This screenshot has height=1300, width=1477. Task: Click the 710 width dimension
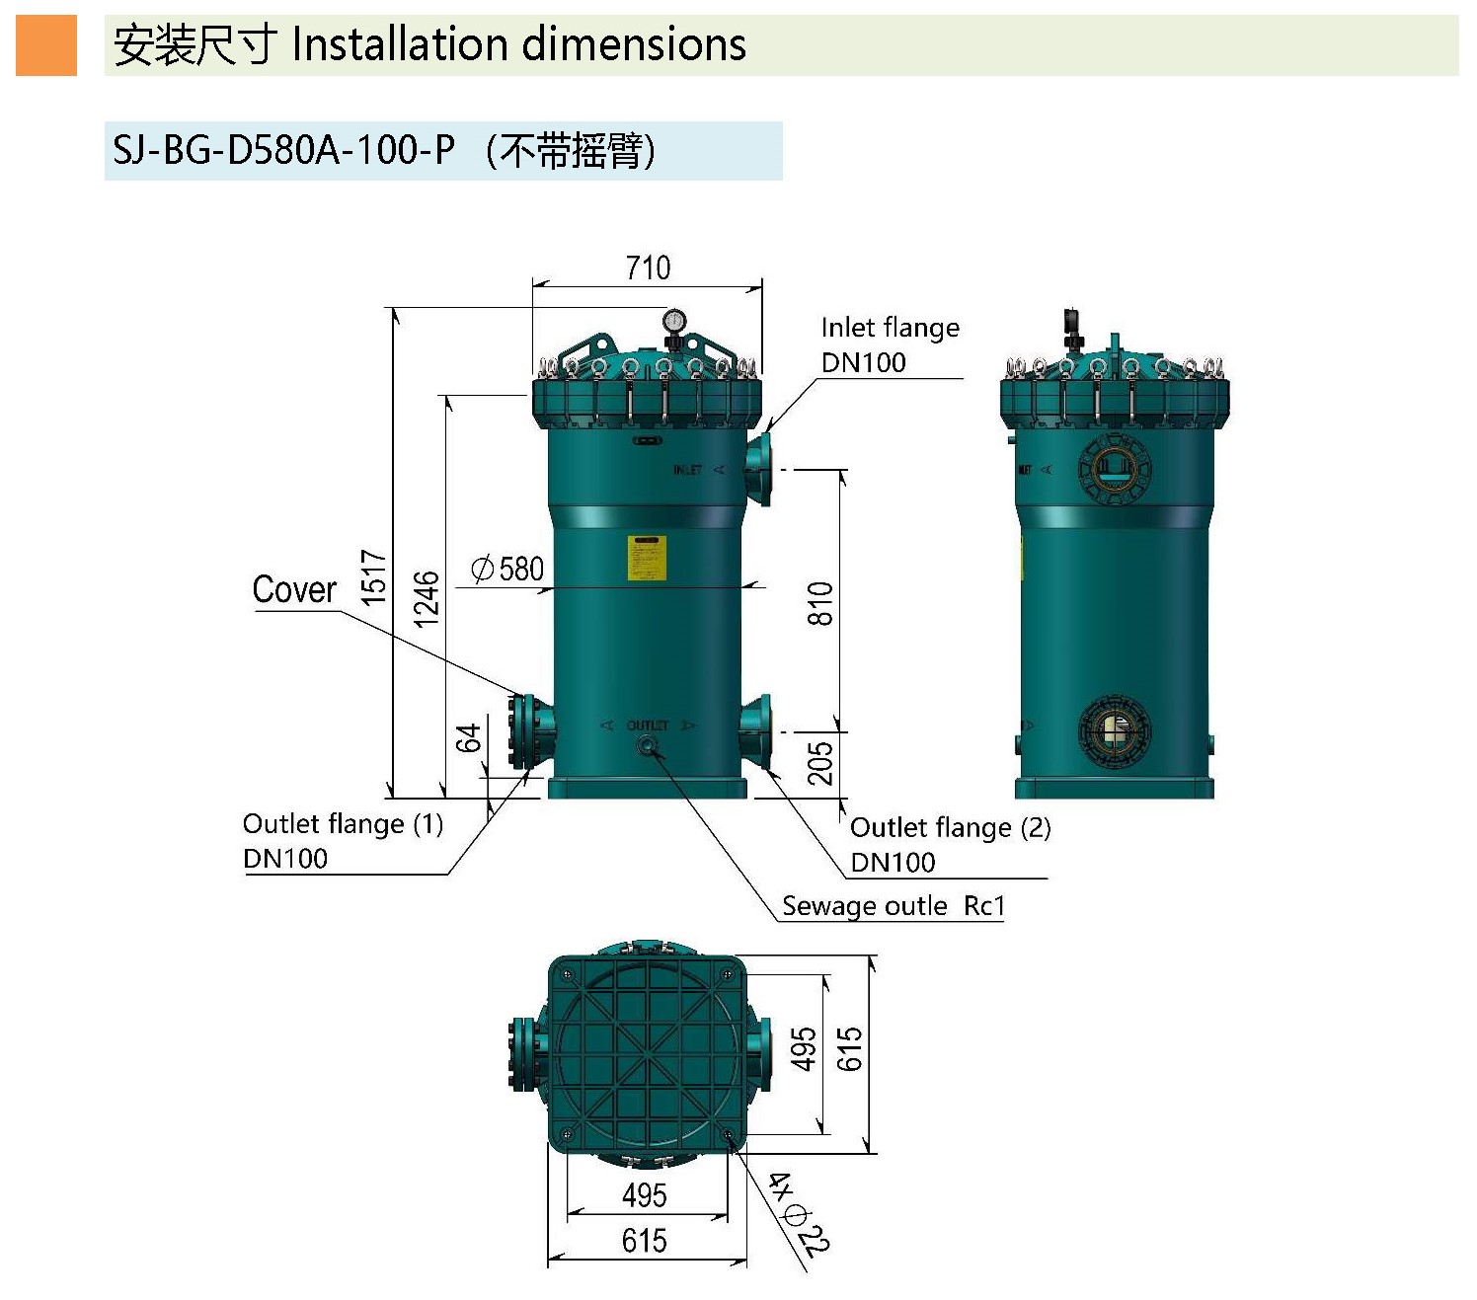click(648, 268)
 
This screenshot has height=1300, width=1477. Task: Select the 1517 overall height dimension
click(373, 577)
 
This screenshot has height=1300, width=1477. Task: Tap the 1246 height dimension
click(426, 598)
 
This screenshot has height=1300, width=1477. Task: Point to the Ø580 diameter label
click(508, 569)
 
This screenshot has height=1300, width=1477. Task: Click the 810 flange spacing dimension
click(820, 603)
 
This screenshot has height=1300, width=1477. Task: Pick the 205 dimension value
click(820, 763)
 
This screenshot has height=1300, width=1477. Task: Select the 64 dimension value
click(468, 737)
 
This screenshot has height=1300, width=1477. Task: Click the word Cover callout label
click(294, 589)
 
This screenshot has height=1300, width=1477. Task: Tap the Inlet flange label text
click(890, 328)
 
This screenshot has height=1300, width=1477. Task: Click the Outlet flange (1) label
click(343, 824)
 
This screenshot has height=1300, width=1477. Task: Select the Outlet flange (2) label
click(950, 827)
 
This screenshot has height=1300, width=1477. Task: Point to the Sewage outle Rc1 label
click(893, 906)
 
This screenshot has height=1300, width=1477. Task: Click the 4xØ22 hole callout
click(800, 1213)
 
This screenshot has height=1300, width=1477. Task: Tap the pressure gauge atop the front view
click(675, 320)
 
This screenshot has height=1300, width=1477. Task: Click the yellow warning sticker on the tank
click(647, 558)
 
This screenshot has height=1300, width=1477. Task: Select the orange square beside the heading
click(46, 45)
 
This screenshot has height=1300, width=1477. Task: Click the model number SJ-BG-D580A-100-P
click(284, 150)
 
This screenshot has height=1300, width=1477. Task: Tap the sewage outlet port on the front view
click(648, 746)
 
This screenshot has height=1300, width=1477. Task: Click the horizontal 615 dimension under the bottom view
click(644, 1240)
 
